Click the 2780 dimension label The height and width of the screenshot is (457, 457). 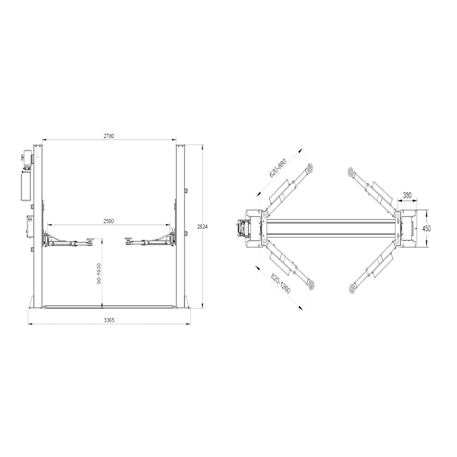point(109,136)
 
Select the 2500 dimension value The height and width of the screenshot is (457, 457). point(109,221)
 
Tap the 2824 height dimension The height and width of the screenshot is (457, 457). point(202,226)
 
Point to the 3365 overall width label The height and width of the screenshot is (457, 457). point(109,320)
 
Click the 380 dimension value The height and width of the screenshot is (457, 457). point(407,196)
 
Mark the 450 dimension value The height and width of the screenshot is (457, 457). point(427,228)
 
